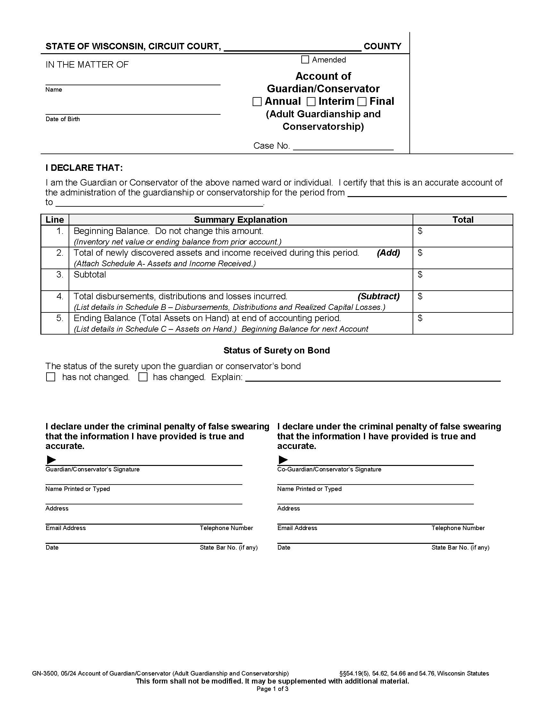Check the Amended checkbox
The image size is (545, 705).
coord(305,60)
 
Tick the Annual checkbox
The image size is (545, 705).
coord(257,102)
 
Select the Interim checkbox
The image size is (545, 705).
coord(311,102)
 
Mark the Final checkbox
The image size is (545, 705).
coord(362,102)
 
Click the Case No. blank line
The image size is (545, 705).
coord(343,146)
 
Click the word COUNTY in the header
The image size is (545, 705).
coord(382,46)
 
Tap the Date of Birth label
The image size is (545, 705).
coord(62,119)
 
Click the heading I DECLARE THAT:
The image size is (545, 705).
coord(84,168)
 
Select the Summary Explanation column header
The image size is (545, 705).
coord(240,220)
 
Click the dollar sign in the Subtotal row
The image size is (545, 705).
coord(420,274)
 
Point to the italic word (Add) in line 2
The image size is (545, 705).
coord(388,253)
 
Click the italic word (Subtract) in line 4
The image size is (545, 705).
coord(378,296)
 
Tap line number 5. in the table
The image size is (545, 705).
coord(60,318)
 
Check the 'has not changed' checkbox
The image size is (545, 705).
coord(51,377)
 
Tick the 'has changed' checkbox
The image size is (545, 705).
coord(143,377)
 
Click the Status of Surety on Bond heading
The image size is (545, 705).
coord(276,351)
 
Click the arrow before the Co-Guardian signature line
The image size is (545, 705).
coord(283,459)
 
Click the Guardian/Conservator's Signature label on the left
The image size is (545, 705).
coord(92,469)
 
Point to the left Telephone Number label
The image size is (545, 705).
coord(226,528)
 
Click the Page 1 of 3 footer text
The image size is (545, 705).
coord(272,689)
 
